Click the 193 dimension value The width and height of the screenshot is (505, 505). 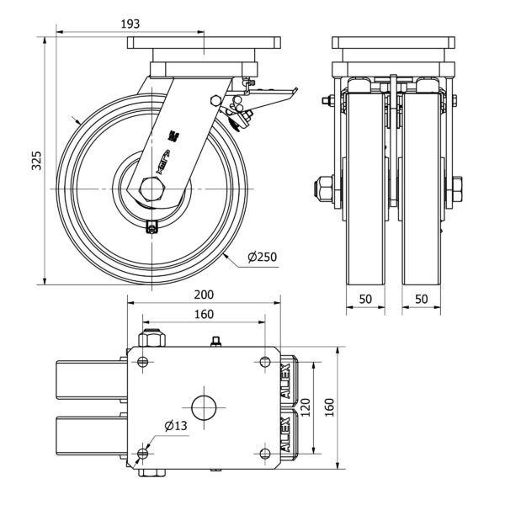coord(130,24)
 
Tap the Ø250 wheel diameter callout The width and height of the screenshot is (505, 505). coord(263,258)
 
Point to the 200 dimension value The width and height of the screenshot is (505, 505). coord(205,295)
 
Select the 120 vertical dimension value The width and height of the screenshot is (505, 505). coord(308,408)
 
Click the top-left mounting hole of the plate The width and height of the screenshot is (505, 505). coord(141,362)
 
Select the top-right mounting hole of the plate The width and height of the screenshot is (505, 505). coord(267,362)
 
